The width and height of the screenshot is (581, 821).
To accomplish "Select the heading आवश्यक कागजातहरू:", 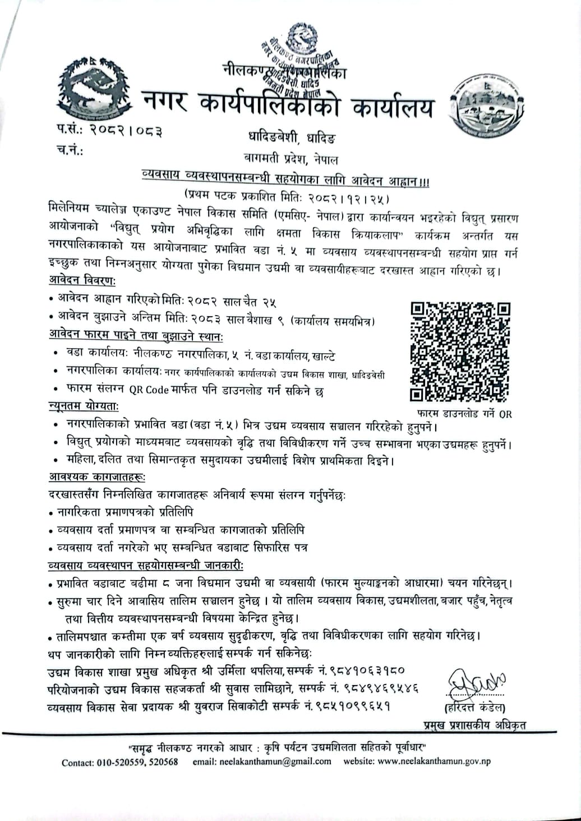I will tap(96, 478).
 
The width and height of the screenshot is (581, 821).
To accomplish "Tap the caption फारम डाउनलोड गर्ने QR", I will tap(460, 414).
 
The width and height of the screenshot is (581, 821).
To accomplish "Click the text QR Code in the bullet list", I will tap(149, 390).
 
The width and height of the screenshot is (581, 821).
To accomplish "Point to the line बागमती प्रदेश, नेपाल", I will tap(291, 160).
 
